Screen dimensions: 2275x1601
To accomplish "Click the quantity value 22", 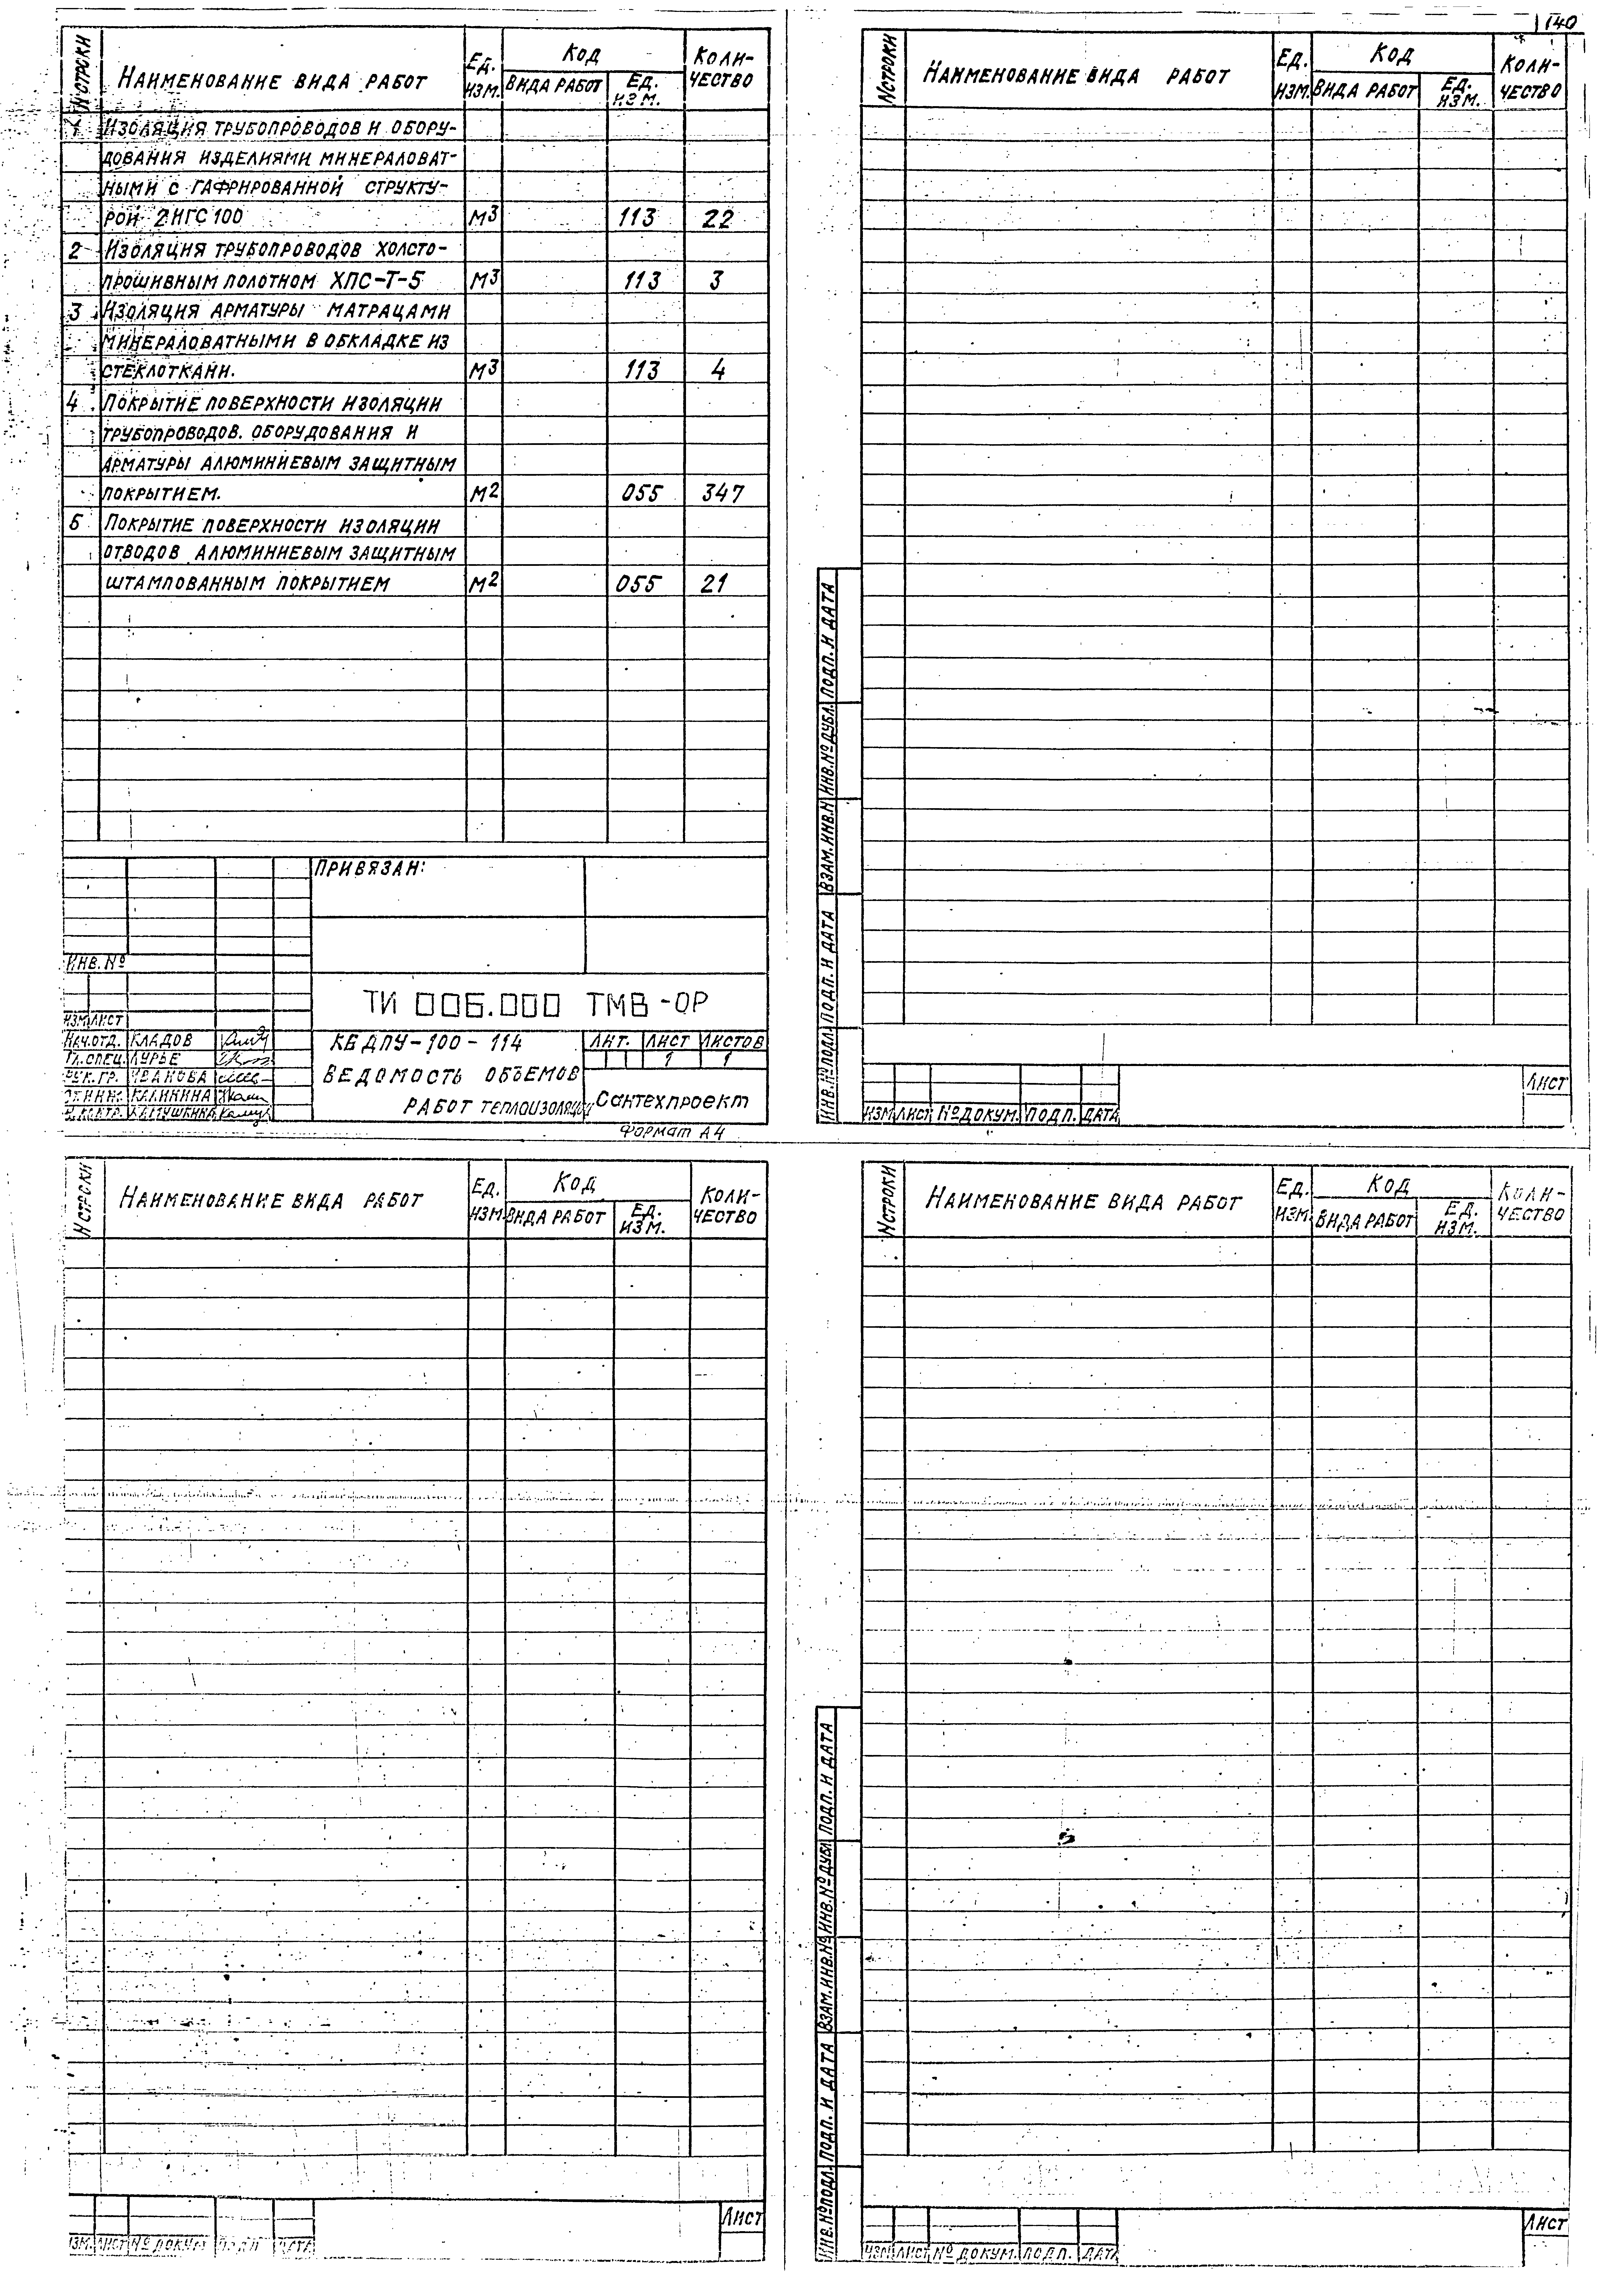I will (716, 219).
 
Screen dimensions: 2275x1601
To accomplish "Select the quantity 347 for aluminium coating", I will (722, 492).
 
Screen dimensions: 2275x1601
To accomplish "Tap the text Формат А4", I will (670, 1133).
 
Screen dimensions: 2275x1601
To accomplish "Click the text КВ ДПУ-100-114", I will (428, 1043).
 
